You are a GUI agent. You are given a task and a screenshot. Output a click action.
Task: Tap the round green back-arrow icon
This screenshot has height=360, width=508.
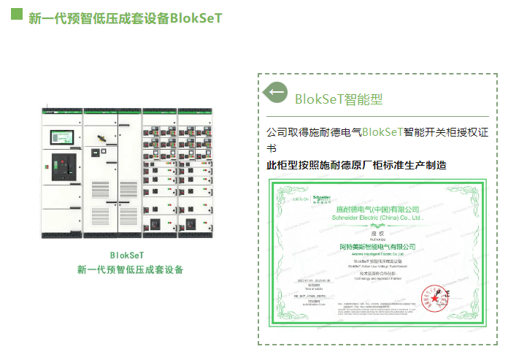pos(275,93)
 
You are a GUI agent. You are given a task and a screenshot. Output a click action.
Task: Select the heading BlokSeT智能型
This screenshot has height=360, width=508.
pos(339,99)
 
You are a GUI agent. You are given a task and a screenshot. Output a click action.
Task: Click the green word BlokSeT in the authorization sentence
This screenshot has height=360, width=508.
pos(382,132)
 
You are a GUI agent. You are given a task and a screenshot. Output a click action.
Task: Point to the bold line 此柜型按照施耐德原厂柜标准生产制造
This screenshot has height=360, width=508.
pos(356,165)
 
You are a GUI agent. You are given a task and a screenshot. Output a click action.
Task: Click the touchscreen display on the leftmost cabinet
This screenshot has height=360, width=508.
pos(57,137)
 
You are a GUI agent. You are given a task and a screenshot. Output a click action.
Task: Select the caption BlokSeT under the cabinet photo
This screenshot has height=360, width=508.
pos(128,256)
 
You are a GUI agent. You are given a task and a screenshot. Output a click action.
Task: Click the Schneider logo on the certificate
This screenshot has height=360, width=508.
pos(322,198)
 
